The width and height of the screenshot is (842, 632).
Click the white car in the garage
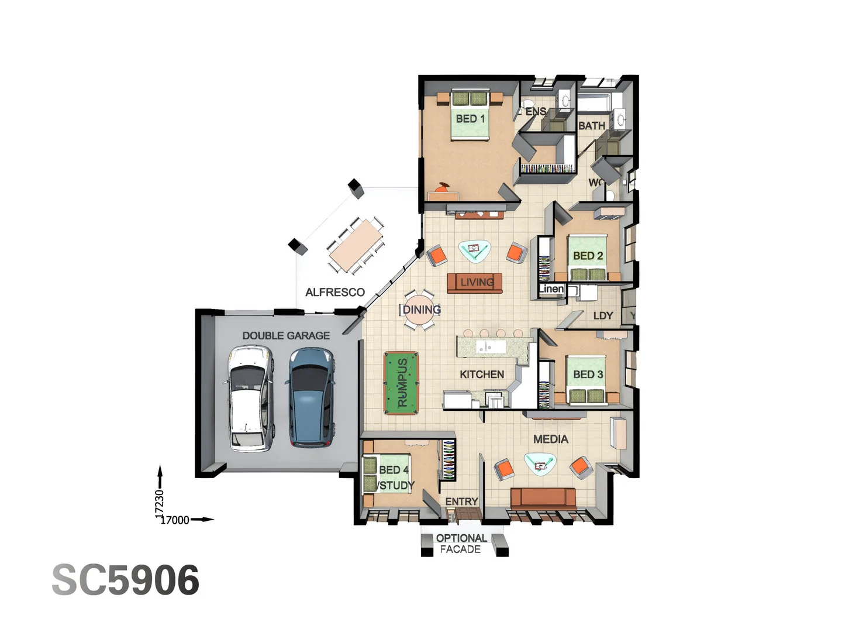(x=250, y=398)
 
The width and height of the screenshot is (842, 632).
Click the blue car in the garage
(x=311, y=397)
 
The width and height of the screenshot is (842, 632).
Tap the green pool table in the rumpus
(x=402, y=383)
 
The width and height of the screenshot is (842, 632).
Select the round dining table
(x=420, y=310)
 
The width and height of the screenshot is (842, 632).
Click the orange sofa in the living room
(x=474, y=283)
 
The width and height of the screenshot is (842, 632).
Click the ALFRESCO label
(x=334, y=292)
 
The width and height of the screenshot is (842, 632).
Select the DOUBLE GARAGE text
(x=286, y=335)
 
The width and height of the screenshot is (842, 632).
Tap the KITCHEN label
(x=481, y=374)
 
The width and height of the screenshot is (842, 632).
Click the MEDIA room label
(x=550, y=439)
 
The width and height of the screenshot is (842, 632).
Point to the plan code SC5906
(x=125, y=580)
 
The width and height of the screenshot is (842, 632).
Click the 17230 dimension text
(x=159, y=503)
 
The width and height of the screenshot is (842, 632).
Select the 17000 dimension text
(x=175, y=520)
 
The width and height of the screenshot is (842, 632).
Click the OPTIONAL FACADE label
(x=461, y=544)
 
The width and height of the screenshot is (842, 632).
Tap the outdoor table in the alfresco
(x=356, y=245)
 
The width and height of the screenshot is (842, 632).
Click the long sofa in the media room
(x=543, y=497)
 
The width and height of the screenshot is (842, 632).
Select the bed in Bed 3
(x=586, y=379)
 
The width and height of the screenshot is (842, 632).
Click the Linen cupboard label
(x=551, y=288)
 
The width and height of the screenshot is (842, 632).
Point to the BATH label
(x=591, y=126)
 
